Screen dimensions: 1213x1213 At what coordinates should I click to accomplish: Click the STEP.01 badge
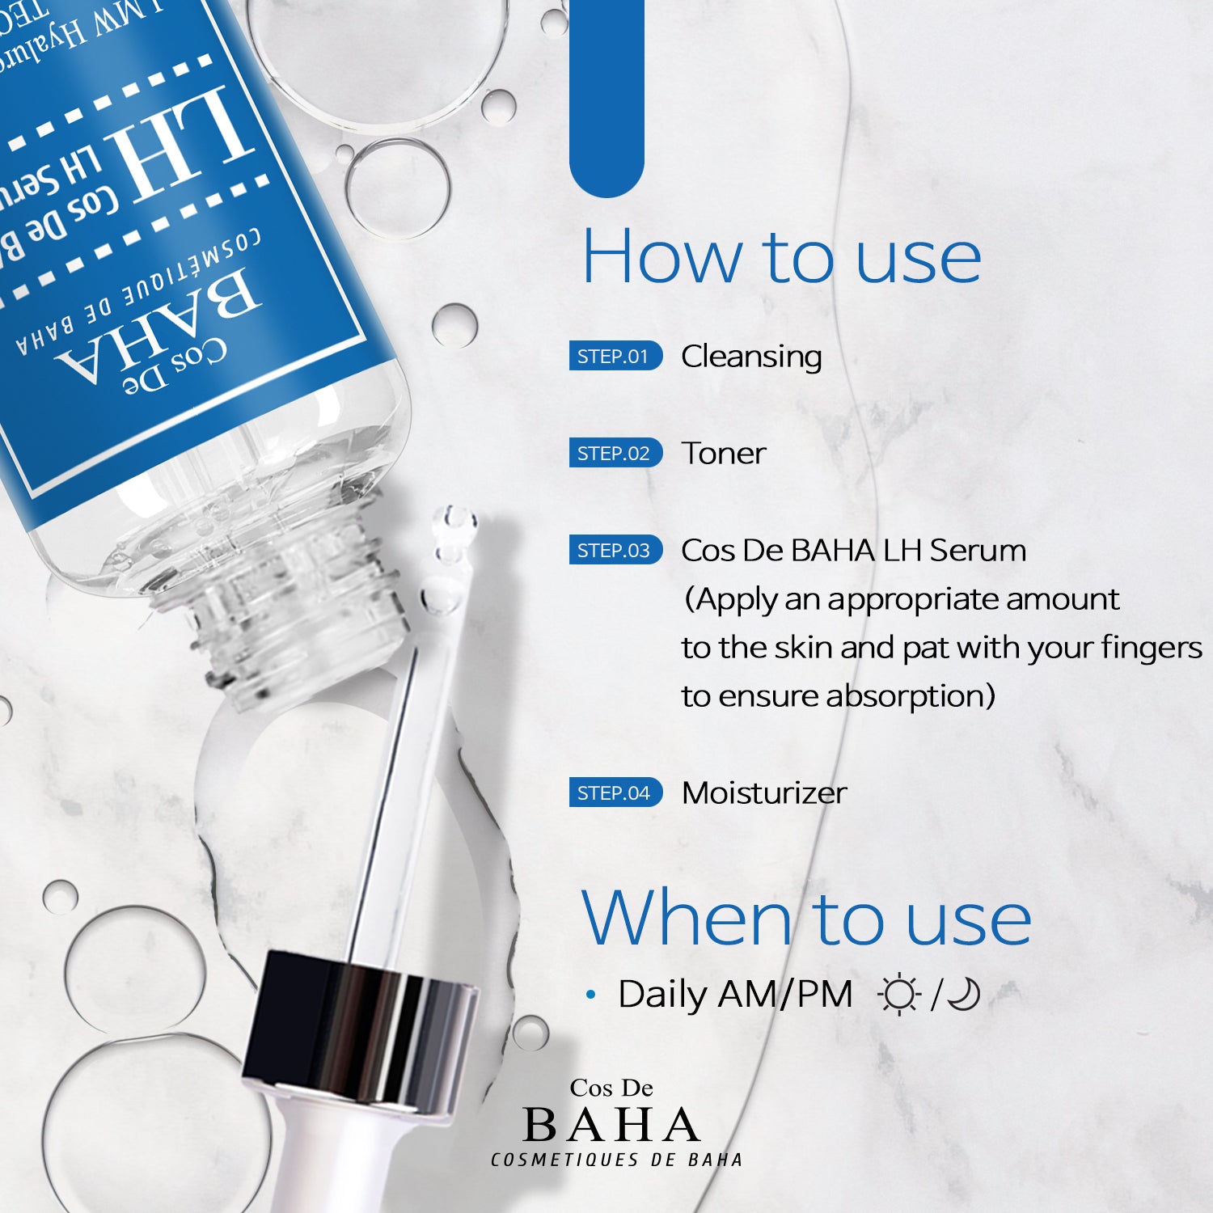coord(615,356)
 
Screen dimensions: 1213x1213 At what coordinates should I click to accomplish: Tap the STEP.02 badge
coord(615,453)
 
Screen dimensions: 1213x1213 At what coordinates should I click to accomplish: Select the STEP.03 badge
coord(615,550)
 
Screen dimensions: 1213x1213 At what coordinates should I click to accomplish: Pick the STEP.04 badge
coord(615,792)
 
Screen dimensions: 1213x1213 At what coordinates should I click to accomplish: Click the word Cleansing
coord(751,357)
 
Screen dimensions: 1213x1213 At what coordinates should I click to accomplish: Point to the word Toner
coord(723,454)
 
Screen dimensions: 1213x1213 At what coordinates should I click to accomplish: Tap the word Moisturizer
coord(764,793)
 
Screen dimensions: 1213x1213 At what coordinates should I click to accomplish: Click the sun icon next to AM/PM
coord(898,995)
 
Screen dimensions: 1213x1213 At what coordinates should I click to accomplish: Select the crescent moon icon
coord(964,995)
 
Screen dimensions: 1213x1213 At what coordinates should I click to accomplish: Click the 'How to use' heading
coord(781,257)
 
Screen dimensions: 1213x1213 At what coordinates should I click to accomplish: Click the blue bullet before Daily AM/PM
coord(591,995)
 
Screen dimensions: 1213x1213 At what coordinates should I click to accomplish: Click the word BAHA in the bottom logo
coord(611,1125)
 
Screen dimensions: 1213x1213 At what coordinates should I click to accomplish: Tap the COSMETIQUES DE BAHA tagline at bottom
coord(616,1160)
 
